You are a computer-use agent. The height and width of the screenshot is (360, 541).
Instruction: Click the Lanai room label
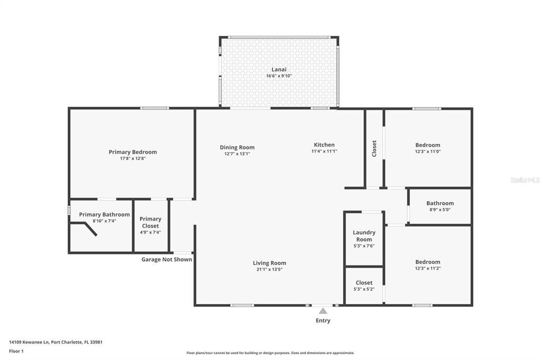(279, 69)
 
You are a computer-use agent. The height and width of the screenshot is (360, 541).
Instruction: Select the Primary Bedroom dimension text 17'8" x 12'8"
(133, 158)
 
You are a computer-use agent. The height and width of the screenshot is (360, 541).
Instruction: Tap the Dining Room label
(237, 147)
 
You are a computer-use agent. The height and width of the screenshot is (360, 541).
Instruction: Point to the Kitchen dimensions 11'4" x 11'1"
(324, 151)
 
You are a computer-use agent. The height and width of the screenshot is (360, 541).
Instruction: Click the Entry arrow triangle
(323, 311)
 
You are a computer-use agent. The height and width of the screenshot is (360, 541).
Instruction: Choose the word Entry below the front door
(323, 320)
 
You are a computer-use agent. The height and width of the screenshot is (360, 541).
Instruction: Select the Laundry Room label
(364, 236)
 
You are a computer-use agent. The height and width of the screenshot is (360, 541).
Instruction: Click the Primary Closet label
(151, 222)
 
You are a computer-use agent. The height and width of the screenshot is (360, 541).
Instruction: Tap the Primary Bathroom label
(104, 214)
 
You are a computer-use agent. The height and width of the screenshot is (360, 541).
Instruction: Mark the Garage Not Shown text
(166, 259)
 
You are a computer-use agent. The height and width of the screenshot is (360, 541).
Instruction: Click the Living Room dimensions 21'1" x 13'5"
(269, 270)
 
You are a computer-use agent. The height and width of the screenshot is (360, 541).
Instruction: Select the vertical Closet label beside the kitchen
(375, 148)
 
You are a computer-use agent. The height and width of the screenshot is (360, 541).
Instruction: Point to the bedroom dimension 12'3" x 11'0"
(428, 151)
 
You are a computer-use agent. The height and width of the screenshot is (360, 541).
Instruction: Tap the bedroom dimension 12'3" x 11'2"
(428, 269)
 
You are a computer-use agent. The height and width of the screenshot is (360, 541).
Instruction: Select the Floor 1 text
(16, 351)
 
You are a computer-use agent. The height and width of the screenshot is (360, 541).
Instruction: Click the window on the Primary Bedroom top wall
(155, 108)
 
